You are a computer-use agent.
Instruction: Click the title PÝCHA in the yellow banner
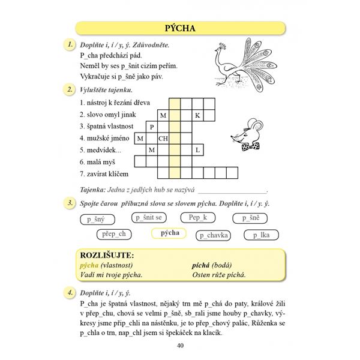click(x=180, y=28)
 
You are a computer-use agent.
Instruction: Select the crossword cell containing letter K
click(x=197, y=115)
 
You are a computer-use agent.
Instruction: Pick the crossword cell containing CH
click(x=163, y=138)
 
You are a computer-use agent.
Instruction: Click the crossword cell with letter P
click(x=152, y=127)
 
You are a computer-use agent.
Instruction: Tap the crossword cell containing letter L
click(x=197, y=149)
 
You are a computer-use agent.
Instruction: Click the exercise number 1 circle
click(x=70, y=44)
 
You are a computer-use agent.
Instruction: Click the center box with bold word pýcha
click(x=170, y=233)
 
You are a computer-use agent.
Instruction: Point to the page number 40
click(x=180, y=344)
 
